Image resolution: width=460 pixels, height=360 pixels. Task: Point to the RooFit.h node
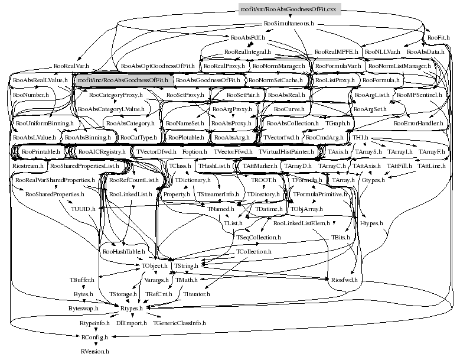pos(439,38)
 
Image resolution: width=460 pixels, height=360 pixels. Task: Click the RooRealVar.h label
pos(71,66)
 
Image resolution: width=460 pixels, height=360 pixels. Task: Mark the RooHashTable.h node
pos(123,251)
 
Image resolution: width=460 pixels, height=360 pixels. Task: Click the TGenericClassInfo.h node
pos(180,323)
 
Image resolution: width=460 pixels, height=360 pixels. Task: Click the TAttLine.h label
pos(431,166)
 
